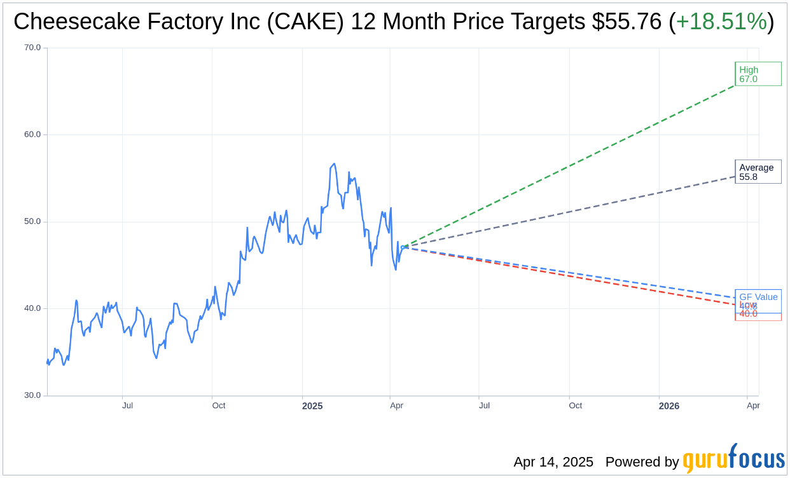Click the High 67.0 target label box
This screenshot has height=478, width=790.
pos(758,74)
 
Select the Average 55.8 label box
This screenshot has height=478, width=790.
pos(758,172)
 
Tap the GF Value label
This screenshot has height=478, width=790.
pos(758,296)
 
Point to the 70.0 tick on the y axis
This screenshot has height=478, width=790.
pos(32,48)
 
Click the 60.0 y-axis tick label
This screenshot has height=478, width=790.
pos(32,135)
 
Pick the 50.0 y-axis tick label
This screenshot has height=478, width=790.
pos(32,222)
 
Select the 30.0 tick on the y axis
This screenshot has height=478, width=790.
pos(32,395)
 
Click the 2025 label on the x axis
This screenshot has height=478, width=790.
pos(312,406)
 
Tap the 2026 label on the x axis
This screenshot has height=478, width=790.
pos(669,406)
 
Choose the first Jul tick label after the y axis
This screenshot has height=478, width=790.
pos(128,406)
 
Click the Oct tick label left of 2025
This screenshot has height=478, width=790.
pos(219,406)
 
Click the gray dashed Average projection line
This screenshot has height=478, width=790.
pos(572,212)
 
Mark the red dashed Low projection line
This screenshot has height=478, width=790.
pos(572,278)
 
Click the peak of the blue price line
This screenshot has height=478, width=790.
pos(334,164)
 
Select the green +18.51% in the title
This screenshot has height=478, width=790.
pos(721,22)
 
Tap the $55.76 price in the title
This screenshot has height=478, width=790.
pos(626,22)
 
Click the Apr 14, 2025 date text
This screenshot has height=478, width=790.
pos(553,462)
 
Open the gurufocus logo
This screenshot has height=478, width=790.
pos(733,459)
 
